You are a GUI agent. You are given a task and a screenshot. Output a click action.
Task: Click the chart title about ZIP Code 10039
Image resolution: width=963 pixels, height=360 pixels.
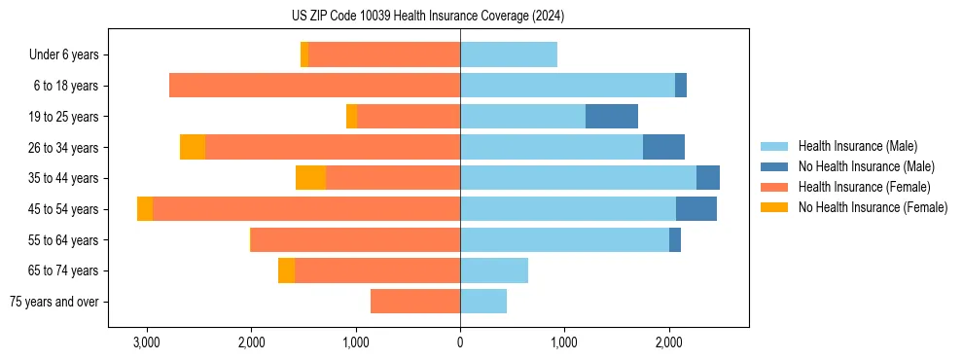coord(427,17)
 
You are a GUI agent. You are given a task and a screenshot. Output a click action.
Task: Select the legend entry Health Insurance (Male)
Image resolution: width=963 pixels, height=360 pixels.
coord(857,146)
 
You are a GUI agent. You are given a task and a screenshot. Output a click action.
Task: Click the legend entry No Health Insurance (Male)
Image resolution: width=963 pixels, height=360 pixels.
coord(866,166)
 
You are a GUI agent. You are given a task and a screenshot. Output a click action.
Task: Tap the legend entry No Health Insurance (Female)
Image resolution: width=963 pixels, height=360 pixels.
coord(873,207)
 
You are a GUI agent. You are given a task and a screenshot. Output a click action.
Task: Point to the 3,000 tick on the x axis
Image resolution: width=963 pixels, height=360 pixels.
coord(147,342)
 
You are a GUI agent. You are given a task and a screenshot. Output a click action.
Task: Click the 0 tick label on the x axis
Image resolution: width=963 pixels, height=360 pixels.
coord(460,342)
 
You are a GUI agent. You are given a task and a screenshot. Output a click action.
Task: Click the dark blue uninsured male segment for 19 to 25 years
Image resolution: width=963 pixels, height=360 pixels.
coord(612,117)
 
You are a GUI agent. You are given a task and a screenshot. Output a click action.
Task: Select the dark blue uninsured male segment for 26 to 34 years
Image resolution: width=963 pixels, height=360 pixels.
coord(663,148)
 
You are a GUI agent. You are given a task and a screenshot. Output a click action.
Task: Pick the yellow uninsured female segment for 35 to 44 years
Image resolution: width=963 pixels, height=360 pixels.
coord(310,178)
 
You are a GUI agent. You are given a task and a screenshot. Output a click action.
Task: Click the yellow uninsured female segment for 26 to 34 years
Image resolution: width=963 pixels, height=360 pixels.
coord(193,148)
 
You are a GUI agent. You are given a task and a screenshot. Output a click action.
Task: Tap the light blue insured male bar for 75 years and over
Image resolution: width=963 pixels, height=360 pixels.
coord(483,302)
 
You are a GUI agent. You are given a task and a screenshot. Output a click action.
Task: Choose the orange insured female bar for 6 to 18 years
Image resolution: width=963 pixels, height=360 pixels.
coord(314,86)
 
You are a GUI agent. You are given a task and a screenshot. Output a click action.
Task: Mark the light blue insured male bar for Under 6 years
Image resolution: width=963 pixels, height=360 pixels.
coord(509,55)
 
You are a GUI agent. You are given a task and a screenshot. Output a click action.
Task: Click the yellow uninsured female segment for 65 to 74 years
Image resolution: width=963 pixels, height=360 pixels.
coord(286,270)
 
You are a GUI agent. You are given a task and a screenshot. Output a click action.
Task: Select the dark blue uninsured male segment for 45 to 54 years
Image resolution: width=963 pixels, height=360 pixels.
coord(696,209)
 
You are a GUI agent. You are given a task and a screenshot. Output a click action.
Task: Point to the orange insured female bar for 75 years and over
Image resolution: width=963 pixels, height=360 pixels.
coord(415,302)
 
